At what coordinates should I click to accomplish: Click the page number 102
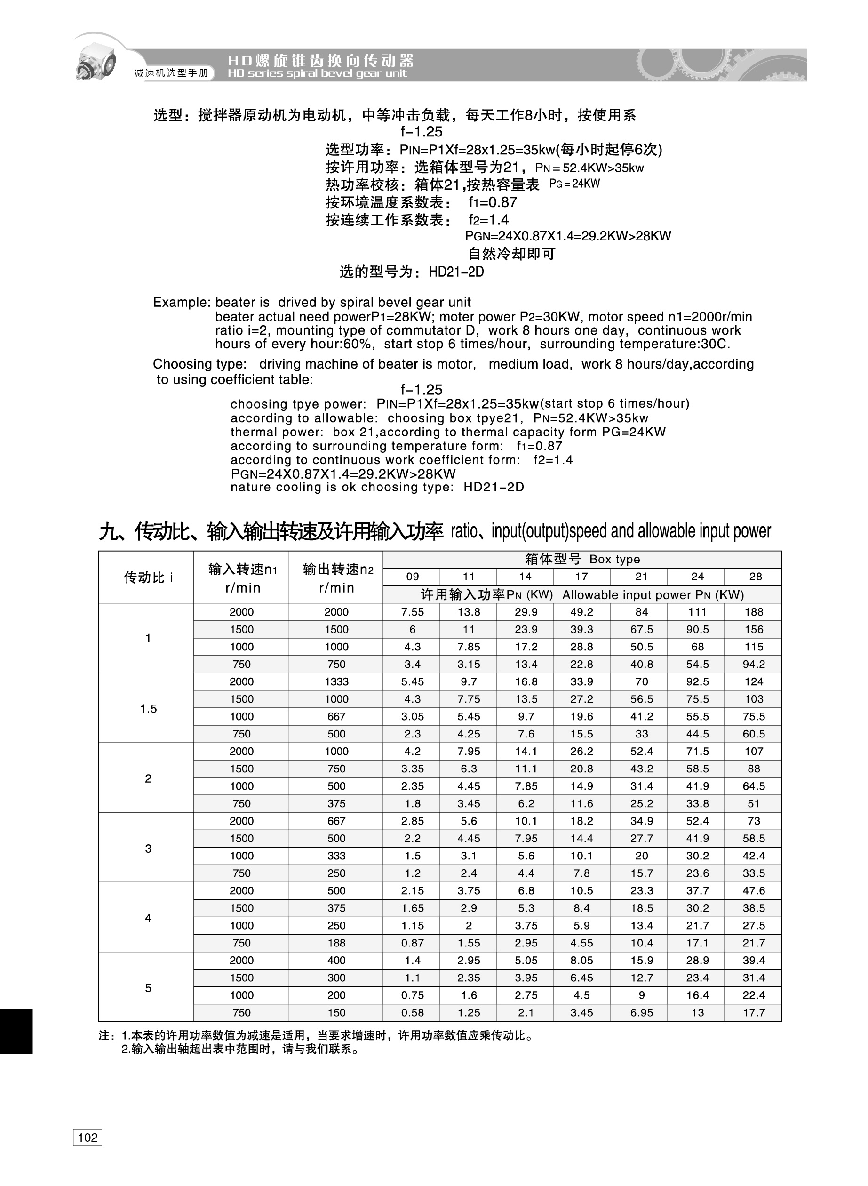pos(87,1137)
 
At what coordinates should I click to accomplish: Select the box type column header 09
pos(412,577)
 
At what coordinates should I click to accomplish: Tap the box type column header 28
pos(755,577)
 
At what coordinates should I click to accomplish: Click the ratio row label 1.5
pos(148,708)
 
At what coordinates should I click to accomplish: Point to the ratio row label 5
pos(148,987)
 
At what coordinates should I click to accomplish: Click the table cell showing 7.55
pos(412,612)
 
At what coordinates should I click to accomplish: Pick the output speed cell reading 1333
pos(336,681)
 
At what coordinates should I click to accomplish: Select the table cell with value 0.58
pos(412,1012)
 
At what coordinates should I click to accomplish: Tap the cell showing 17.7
pos(754,1012)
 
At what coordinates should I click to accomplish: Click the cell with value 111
pos(697,612)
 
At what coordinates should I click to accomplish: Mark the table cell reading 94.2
pos(754,664)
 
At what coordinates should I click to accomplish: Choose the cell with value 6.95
pos(642,1012)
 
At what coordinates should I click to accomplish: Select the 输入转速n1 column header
pos(242,577)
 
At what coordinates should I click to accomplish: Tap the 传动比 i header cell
pos(148,577)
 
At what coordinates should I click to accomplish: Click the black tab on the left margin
pos(16,1031)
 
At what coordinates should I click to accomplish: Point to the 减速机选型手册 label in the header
pos(171,73)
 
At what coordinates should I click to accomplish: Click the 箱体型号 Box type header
pos(582,559)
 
